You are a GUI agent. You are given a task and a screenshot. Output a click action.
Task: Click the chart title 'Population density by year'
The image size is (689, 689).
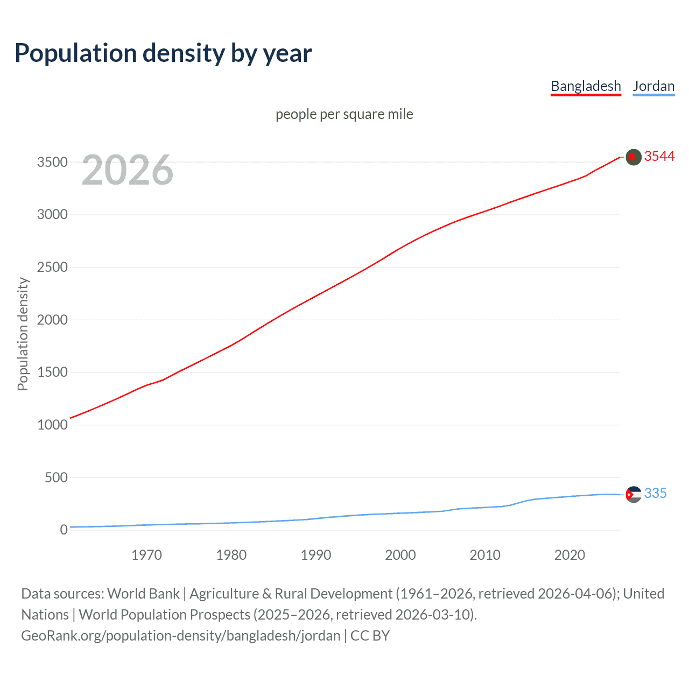163,53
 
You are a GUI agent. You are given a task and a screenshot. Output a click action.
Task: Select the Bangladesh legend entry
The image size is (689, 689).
586,86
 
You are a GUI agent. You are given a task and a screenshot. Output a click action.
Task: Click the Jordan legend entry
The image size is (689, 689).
653,86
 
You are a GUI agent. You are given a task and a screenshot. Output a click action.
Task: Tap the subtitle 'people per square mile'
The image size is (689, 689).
344,114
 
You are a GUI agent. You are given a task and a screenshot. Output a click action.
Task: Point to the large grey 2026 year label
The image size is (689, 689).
128,170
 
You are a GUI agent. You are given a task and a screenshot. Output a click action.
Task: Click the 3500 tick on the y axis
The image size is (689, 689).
52,162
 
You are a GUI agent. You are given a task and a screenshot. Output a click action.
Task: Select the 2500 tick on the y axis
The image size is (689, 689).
52,267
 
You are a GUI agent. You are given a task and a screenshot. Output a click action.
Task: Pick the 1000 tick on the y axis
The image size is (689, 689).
52,425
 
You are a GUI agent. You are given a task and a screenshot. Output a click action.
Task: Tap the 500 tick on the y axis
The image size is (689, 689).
56,477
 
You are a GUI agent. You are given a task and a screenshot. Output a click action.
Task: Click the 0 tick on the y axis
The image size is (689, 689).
64,530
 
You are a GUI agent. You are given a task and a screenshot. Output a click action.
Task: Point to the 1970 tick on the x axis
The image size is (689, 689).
146,555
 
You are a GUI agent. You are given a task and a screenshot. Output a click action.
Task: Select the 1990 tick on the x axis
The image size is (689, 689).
316,555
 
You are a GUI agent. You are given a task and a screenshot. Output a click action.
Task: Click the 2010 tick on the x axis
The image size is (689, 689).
485,555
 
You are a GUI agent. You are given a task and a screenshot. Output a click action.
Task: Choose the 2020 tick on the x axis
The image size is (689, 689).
570,555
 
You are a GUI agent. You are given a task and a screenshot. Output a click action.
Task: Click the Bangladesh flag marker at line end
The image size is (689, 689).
634,157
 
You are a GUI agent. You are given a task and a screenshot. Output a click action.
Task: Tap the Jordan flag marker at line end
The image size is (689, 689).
634,494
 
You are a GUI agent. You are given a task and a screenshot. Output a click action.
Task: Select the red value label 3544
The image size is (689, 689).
659,156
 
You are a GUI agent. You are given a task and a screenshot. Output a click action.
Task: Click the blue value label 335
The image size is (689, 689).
655,493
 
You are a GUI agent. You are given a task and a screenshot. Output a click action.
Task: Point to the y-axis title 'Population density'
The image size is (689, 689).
23,334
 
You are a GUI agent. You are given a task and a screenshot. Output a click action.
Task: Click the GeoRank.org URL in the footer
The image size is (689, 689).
180,636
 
